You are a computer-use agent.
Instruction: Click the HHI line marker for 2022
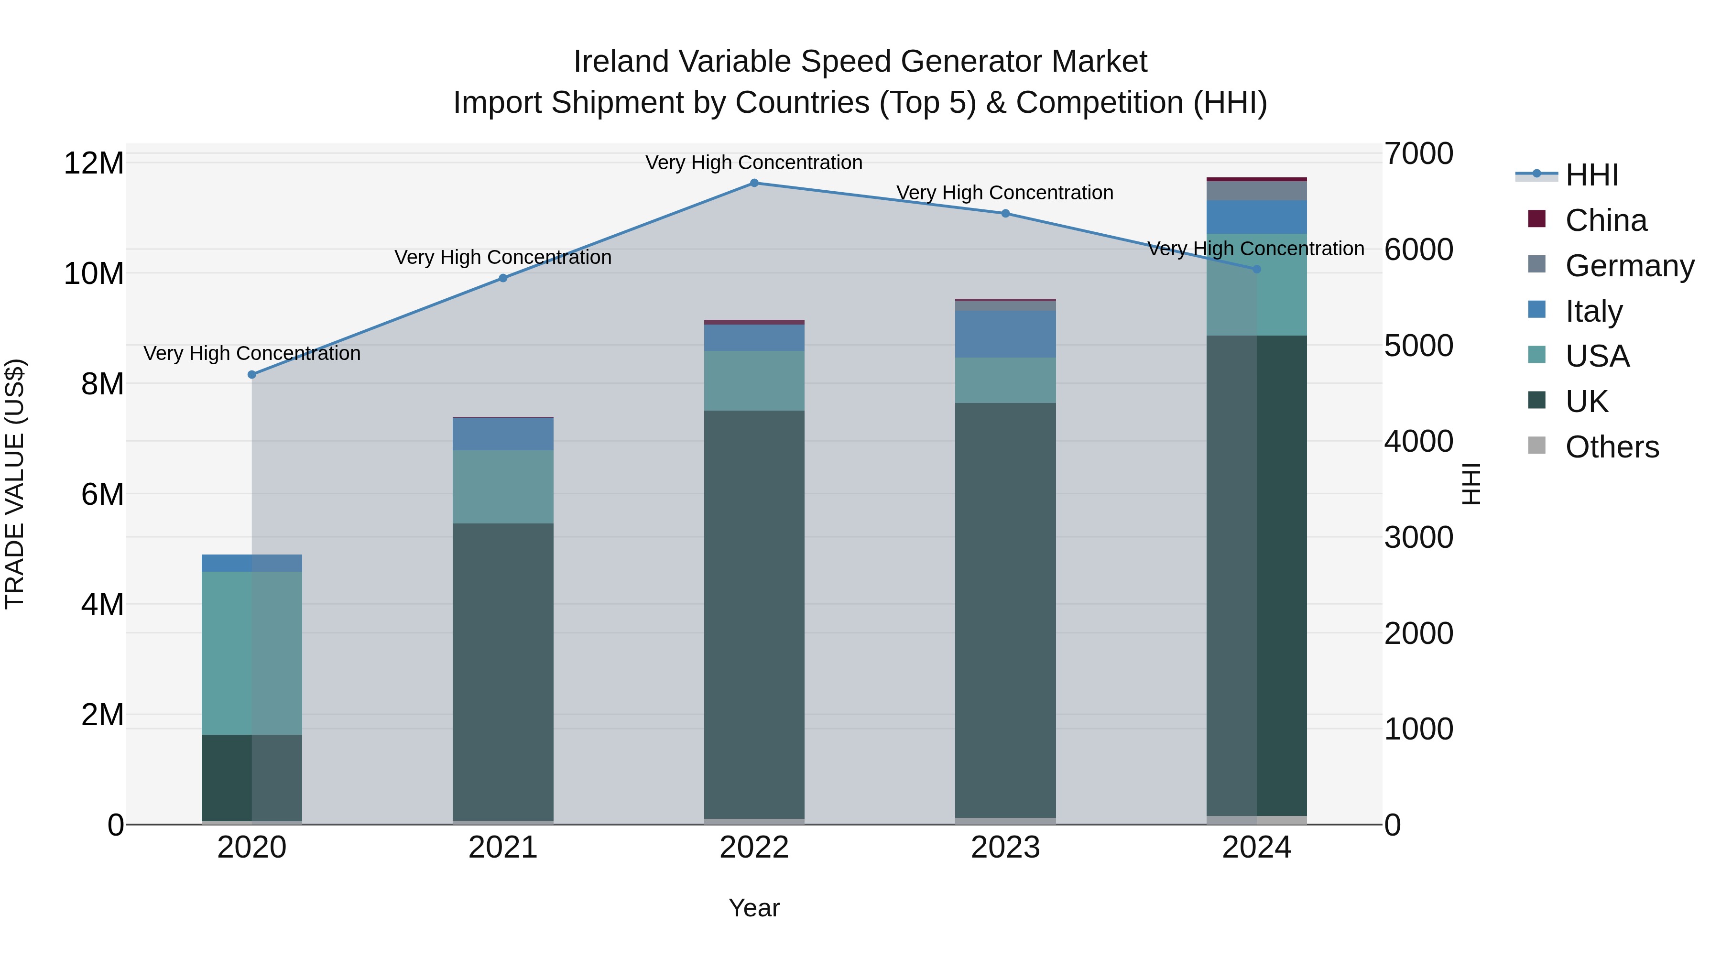click(x=754, y=183)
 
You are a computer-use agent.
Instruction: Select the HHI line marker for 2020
click(x=252, y=375)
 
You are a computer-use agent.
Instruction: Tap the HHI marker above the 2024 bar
click(x=1257, y=269)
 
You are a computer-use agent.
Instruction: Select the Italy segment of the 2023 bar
click(x=1005, y=334)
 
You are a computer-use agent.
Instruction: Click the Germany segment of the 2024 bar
click(x=1257, y=191)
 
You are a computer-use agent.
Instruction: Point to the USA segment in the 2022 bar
click(x=754, y=381)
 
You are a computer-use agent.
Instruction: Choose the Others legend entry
click(x=1612, y=447)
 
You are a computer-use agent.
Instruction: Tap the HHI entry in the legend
click(x=1591, y=175)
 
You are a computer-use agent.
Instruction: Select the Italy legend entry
click(x=1593, y=311)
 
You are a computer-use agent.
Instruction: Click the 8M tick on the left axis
click(x=101, y=384)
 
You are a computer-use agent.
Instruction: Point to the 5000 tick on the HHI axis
click(x=1418, y=346)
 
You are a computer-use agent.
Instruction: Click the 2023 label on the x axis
click(x=1005, y=848)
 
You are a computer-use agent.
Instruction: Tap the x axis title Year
click(x=754, y=908)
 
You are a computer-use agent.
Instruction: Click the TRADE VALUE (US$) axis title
click(x=15, y=484)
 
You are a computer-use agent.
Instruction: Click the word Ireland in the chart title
click(x=621, y=62)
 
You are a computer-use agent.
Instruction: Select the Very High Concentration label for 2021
click(x=503, y=257)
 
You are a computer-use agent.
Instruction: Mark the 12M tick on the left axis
click(x=94, y=163)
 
